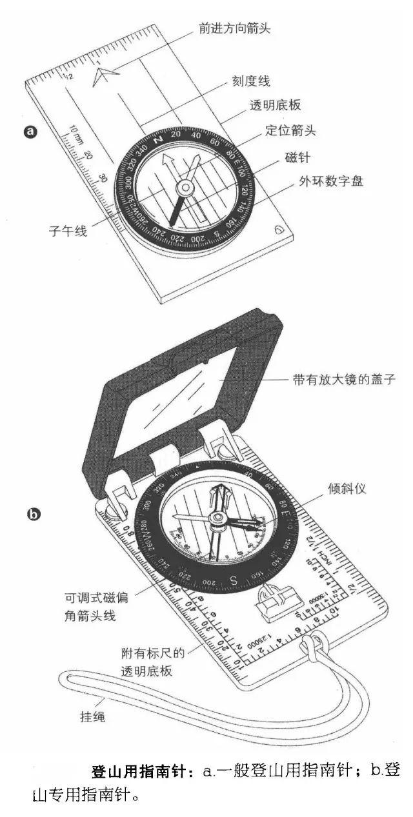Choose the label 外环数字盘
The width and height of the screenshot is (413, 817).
pos(330,181)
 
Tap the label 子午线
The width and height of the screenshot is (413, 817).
pos(68,230)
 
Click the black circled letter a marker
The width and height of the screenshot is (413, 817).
pos(30,132)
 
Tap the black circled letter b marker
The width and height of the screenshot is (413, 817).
pos(32,514)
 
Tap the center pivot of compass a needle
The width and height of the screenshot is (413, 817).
pos(185,188)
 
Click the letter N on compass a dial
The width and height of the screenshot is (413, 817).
pos(157,138)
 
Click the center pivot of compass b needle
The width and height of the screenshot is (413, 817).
pos(217,518)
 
